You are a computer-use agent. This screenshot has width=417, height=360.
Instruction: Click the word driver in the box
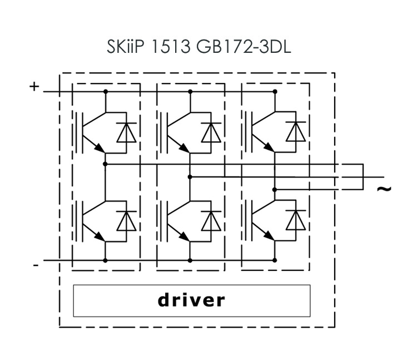click(192, 300)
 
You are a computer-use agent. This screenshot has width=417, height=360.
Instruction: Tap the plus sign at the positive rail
click(34, 86)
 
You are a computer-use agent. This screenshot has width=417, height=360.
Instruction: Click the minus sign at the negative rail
click(36, 266)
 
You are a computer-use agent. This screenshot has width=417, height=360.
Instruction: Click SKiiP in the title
click(127, 47)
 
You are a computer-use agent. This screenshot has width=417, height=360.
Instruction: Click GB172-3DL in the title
click(244, 47)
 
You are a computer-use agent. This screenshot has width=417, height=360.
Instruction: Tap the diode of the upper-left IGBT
click(126, 132)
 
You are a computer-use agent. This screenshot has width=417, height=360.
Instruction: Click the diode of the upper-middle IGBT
click(211, 132)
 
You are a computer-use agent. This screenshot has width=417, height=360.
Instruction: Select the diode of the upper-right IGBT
click(295, 132)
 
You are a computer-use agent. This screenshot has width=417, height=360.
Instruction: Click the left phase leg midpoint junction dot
click(106, 164)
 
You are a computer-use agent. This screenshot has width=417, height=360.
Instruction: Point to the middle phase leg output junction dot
click(190, 177)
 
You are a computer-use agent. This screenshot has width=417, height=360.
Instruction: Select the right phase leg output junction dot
click(275, 189)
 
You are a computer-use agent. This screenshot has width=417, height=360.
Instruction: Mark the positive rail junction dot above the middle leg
click(190, 92)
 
